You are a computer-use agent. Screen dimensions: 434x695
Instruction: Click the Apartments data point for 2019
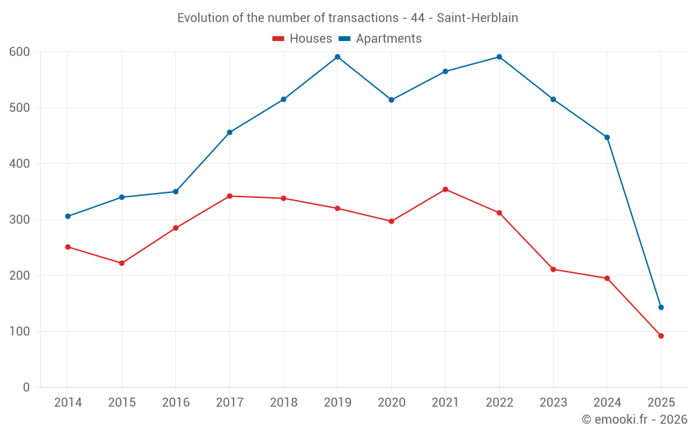[x=337, y=57]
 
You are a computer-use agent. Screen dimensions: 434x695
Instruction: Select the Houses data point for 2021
[x=445, y=190]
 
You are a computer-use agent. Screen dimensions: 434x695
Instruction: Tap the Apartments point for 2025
[x=661, y=307]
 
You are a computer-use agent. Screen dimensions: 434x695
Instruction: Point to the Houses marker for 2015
[x=122, y=263]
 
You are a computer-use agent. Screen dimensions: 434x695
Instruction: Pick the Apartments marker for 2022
[x=499, y=57]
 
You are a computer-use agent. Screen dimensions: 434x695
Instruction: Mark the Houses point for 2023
[x=553, y=269]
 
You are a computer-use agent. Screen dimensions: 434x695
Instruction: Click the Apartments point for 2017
[x=229, y=133]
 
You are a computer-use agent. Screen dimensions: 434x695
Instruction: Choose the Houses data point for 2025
[x=661, y=336]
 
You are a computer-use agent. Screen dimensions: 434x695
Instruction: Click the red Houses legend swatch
[x=278, y=39]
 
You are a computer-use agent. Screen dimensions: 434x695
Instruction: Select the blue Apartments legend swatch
[x=344, y=39]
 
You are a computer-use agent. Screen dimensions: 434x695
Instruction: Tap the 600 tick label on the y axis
[x=19, y=52]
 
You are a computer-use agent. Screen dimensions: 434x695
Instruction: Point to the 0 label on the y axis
[x=26, y=387]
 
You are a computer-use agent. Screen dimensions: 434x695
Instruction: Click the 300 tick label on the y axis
[x=19, y=219]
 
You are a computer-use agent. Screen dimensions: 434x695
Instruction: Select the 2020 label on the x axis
[x=391, y=403]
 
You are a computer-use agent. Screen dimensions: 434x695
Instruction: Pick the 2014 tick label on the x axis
[x=67, y=403]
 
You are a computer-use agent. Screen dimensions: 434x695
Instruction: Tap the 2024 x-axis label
[x=607, y=403]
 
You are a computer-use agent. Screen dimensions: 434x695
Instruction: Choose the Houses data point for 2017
[x=229, y=196]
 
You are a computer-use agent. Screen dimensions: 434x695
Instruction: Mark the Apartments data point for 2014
[x=67, y=216]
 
